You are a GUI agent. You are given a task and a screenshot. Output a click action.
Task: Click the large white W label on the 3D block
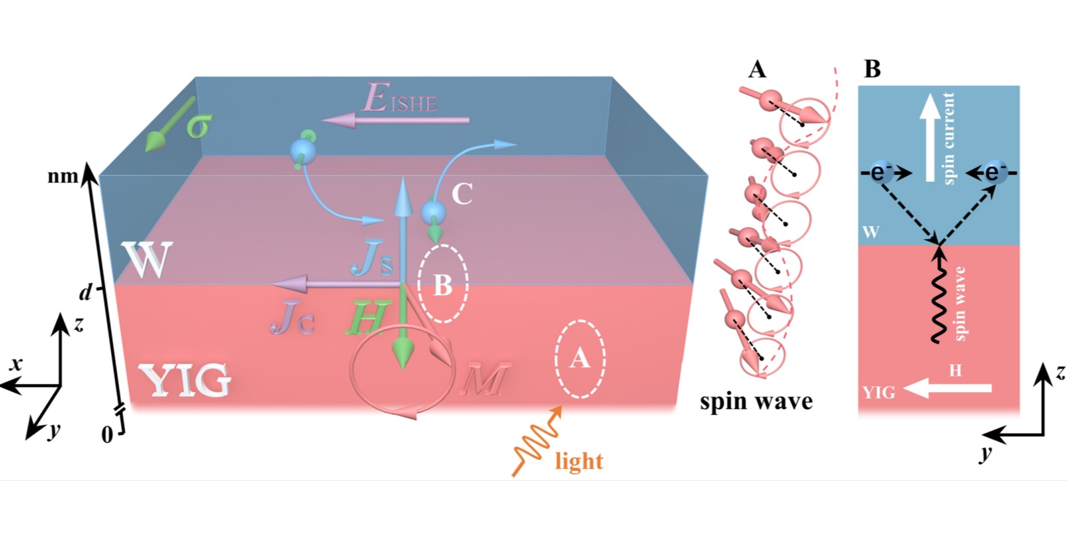point(147,261)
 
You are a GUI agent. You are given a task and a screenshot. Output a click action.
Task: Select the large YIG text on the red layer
point(185,380)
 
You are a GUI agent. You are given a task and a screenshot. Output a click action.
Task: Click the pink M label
point(485,378)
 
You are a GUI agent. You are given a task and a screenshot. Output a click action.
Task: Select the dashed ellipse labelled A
point(579,359)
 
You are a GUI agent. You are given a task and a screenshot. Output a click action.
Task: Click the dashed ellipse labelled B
point(442,283)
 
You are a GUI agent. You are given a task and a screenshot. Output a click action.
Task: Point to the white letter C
point(462,194)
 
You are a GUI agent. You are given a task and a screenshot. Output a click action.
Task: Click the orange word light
point(579,462)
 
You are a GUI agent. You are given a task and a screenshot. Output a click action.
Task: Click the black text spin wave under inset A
point(756,401)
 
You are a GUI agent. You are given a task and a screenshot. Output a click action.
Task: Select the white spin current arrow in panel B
point(930,138)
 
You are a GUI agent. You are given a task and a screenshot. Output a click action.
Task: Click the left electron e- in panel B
point(878,172)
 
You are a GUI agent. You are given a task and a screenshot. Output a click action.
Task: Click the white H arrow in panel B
point(948,389)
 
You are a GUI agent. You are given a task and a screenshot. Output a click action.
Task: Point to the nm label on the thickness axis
point(63,177)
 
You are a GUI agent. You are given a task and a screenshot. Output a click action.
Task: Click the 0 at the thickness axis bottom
point(107,435)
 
